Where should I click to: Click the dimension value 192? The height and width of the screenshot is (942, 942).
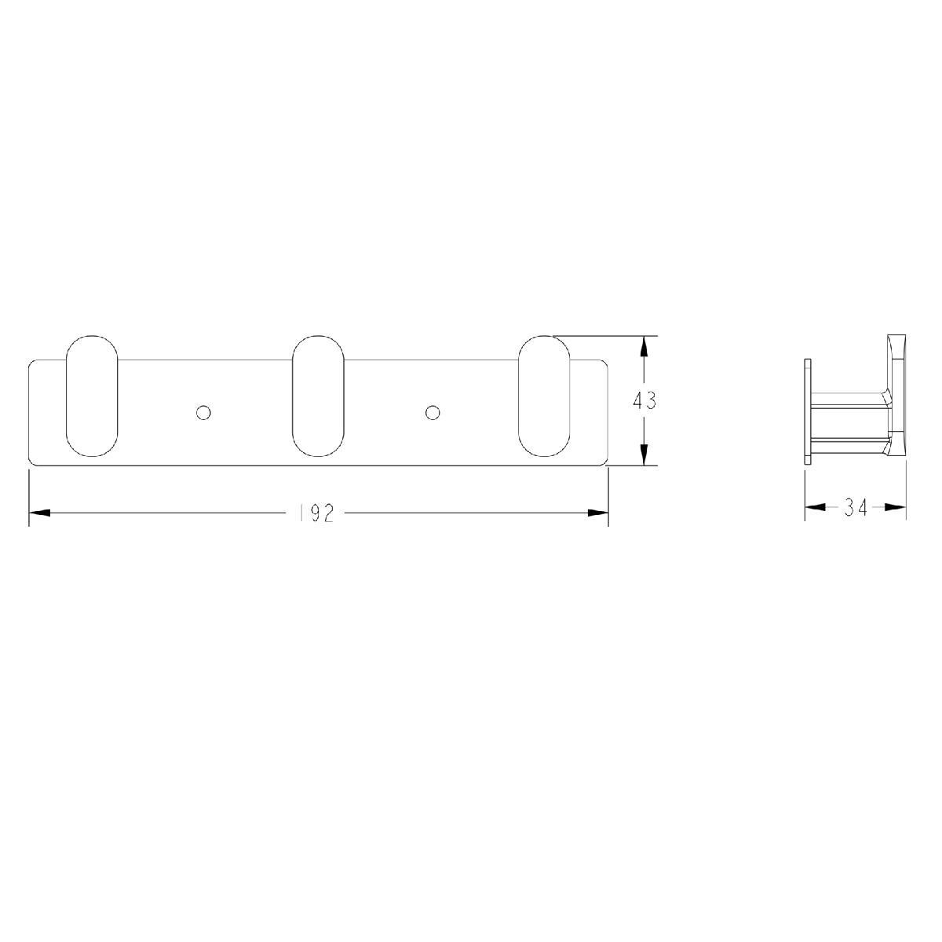pos(316,513)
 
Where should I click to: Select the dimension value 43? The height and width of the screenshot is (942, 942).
pos(644,401)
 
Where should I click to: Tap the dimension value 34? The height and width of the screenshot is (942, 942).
pos(855,508)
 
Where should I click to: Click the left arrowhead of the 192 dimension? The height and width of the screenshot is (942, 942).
pos(39,513)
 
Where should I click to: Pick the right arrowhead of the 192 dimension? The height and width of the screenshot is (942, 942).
pos(597,513)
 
